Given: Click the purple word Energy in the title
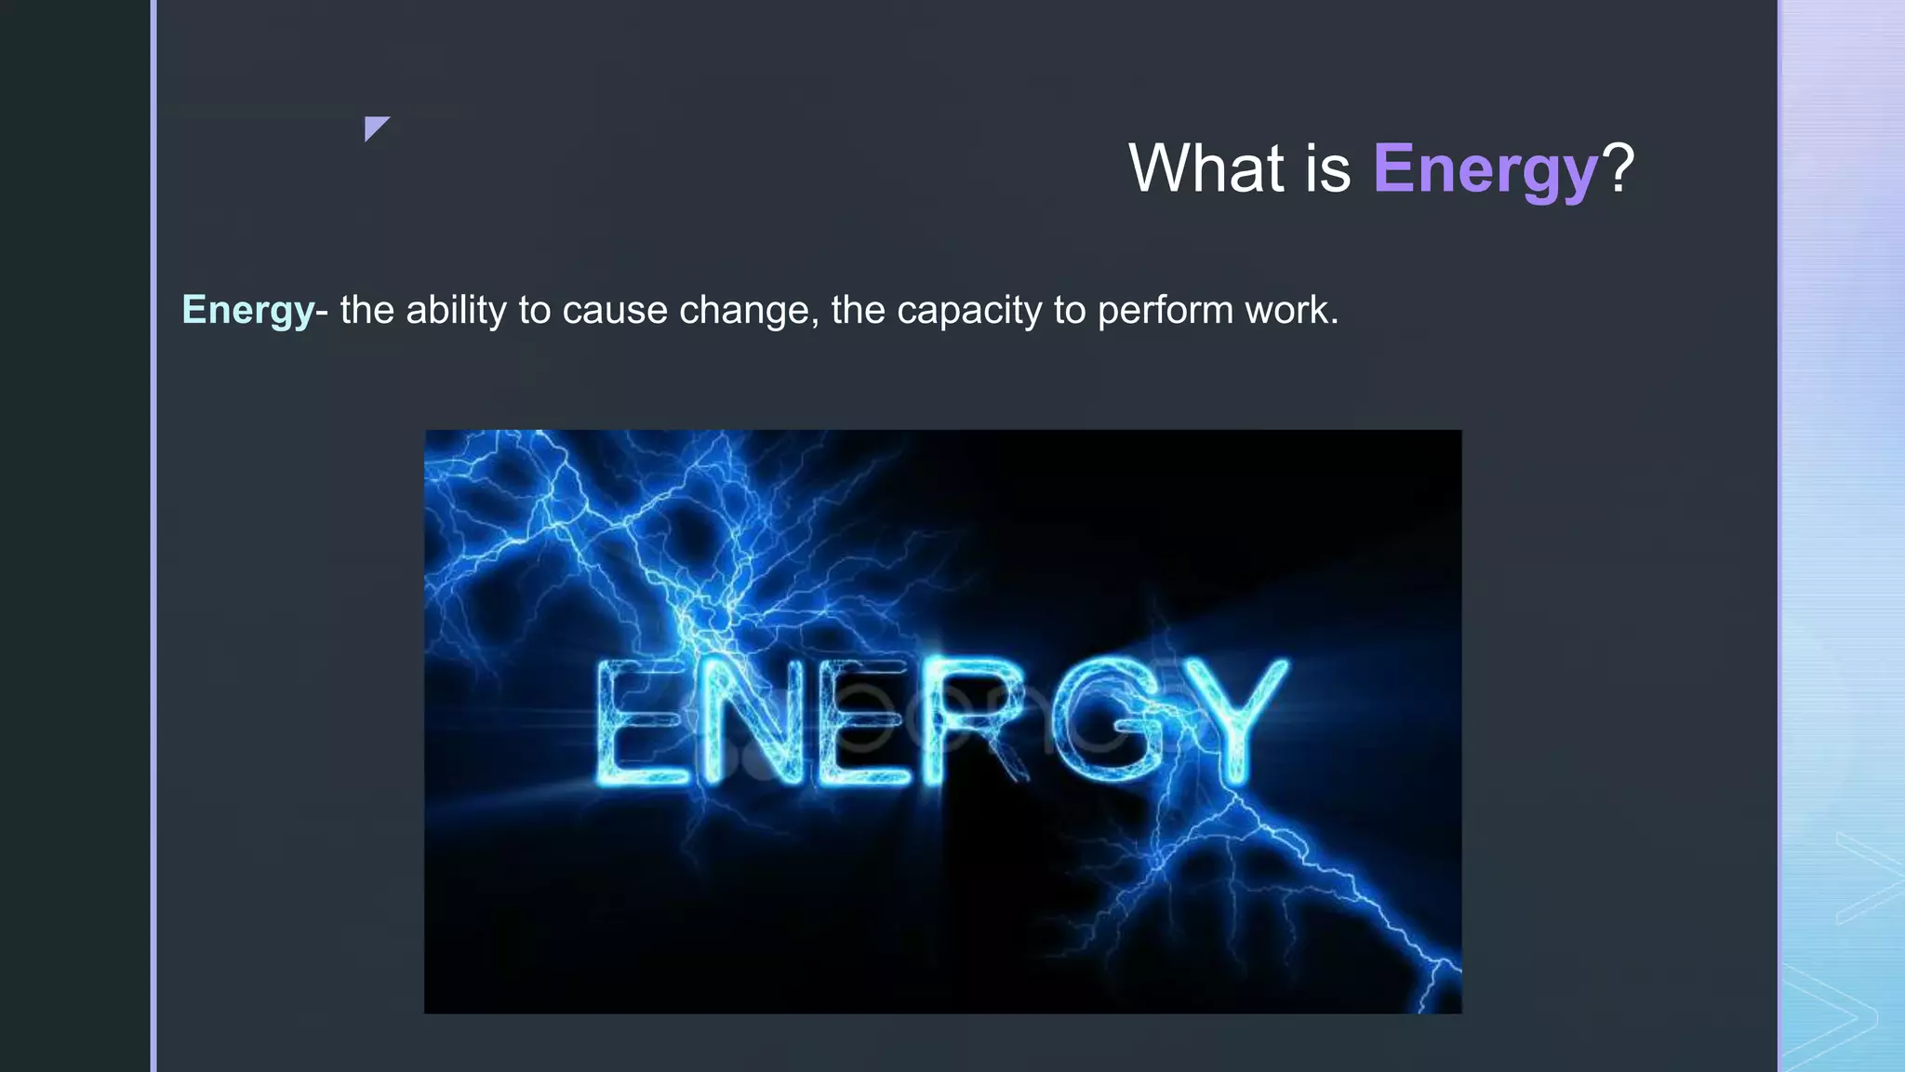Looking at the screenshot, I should [x=1485, y=170].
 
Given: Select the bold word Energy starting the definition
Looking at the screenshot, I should [x=247, y=310].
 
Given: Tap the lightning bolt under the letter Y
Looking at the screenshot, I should [x=1302, y=856].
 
